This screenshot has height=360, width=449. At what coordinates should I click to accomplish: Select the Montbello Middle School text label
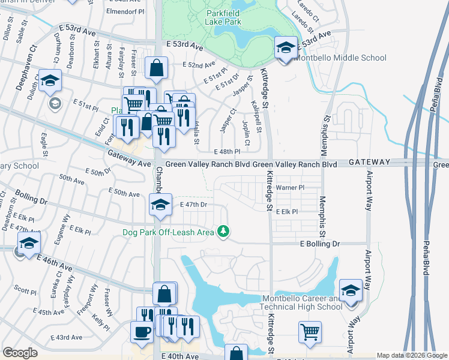340,58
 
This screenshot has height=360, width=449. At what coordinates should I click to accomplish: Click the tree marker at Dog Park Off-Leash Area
223,232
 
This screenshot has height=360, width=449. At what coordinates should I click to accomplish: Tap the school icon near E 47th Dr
160,205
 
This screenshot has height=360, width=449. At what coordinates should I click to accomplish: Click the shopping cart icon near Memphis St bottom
310,332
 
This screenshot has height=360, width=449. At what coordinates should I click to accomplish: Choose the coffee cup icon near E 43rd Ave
142,332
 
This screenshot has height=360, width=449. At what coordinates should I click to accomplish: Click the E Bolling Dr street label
320,244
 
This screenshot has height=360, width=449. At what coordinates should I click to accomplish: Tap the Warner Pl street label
290,188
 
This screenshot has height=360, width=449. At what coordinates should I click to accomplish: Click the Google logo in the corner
20,353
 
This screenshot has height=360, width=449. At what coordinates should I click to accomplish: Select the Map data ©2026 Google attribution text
412,355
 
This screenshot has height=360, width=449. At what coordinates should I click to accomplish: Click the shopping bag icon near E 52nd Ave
156,69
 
